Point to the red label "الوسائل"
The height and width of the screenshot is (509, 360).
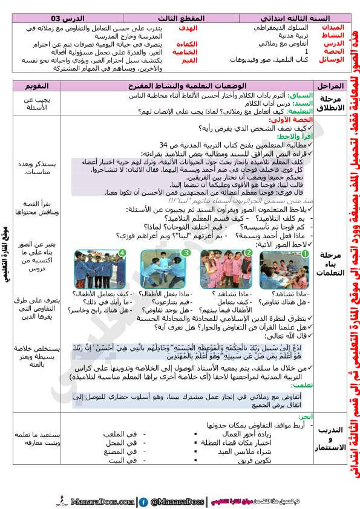coord(332,59)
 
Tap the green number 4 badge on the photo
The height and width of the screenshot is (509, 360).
coord(123,253)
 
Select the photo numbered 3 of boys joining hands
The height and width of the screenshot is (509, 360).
coord(166,270)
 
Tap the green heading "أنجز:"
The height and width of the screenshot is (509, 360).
coord(305,417)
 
